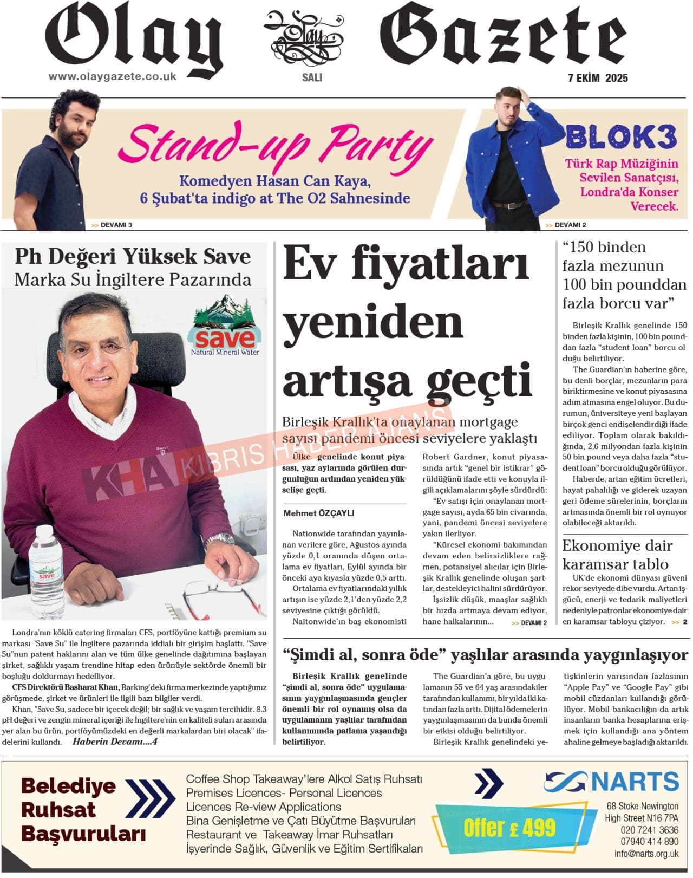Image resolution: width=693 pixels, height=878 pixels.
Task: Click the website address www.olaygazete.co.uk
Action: pos(113,76)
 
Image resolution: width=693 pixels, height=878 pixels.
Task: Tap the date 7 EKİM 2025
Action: pos(594,78)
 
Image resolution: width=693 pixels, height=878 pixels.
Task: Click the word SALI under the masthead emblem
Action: pos(312,77)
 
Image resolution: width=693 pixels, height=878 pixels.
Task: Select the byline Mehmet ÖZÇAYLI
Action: pos(319,513)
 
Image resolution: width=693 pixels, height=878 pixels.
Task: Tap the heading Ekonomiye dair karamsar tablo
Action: pos(617,554)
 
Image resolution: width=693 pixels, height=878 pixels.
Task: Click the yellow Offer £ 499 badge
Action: pos(509,828)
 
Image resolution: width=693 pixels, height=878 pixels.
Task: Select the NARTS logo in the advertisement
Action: pos(611,782)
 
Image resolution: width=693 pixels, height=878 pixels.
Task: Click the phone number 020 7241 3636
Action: pos(649,830)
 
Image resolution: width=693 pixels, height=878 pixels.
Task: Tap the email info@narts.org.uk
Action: pos(646,854)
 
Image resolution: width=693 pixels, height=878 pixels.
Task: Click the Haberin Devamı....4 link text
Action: pos(114,742)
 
